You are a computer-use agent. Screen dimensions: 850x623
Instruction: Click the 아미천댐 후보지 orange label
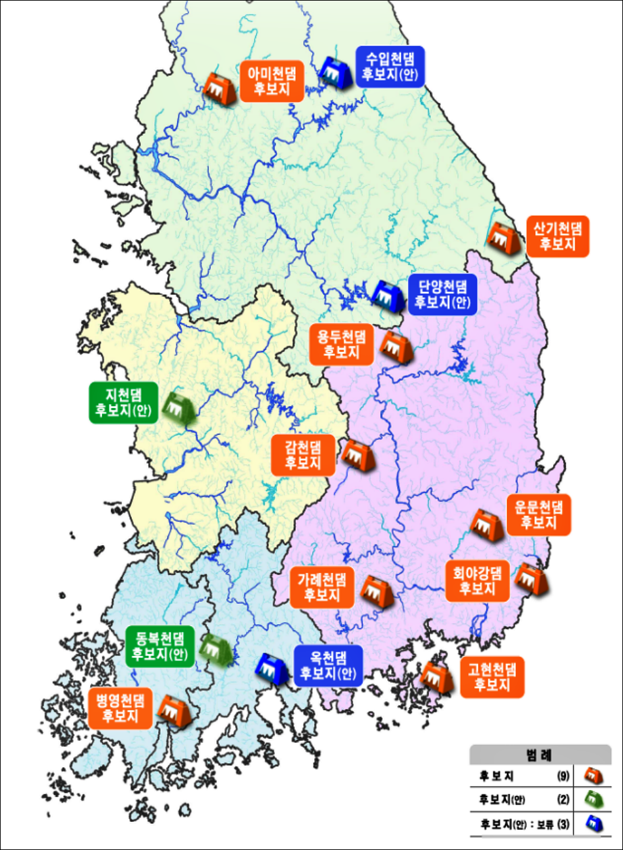click(x=272, y=81)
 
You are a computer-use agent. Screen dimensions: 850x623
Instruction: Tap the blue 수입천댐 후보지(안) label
click(x=390, y=67)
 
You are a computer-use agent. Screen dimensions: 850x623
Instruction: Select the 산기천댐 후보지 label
click(x=558, y=236)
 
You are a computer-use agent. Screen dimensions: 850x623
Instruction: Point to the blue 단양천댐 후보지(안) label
click(x=443, y=294)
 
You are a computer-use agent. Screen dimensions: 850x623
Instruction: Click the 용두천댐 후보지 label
click(x=342, y=344)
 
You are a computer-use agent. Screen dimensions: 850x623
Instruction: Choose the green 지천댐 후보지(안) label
click(x=123, y=402)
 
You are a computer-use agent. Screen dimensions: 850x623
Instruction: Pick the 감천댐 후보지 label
click(x=303, y=455)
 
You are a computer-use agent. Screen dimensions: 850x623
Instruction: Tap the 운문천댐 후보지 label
click(x=539, y=514)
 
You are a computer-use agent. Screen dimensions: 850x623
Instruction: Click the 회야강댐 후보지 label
click(x=477, y=580)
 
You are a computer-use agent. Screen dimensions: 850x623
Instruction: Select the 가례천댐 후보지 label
click(x=322, y=587)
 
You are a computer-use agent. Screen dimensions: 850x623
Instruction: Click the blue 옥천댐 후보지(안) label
click(x=328, y=665)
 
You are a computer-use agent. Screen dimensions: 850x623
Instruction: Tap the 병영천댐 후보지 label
click(x=121, y=708)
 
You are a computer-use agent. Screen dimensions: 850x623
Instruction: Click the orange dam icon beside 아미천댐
click(x=219, y=87)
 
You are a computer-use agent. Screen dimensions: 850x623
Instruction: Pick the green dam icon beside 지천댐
click(x=177, y=408)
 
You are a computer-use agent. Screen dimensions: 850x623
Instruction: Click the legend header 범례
click(x=539, y=755)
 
